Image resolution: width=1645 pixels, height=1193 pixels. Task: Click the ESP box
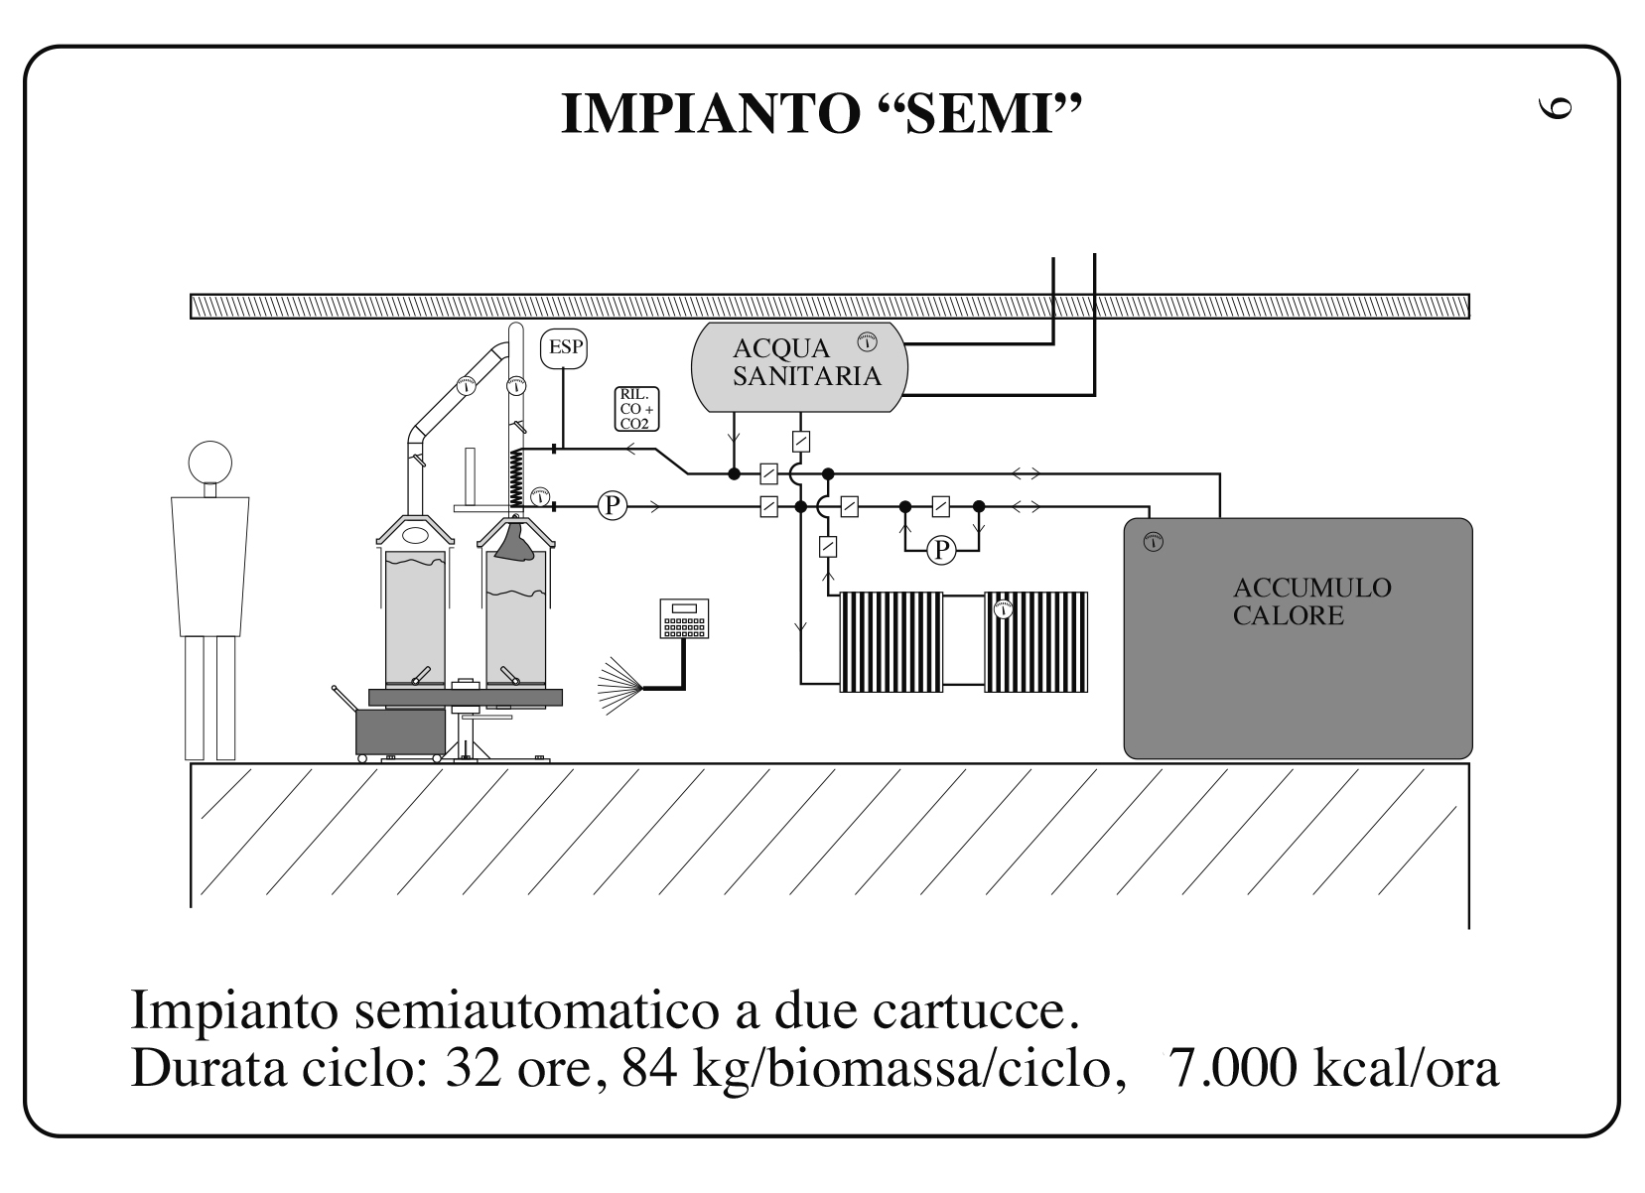[x=563, y=348]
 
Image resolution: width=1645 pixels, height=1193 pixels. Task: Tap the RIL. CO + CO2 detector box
[x=636, y=409]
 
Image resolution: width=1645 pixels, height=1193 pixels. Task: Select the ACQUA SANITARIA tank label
[x=805, y=362]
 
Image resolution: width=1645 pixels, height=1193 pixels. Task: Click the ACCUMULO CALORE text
[x=1311, y=601]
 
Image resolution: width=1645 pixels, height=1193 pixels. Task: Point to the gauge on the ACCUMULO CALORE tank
[x=1153, y=543]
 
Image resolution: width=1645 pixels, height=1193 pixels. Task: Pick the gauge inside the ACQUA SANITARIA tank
[x=867, y=341]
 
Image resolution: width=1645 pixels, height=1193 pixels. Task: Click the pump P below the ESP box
[x=612, y=506]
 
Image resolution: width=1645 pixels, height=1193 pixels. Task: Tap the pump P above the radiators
[x=941, y=549]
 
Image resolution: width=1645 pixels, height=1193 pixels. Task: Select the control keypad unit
[x=684, y=619]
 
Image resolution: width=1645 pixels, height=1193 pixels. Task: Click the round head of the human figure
[x=210, y=463]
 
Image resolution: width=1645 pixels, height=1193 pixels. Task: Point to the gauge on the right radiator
[x=1003, y=609]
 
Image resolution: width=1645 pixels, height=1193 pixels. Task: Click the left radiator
[x=891, y=641]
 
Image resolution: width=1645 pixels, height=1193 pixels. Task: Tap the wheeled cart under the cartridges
[x=399, y=731]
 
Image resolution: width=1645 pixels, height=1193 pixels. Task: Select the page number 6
[x=1554, y=108]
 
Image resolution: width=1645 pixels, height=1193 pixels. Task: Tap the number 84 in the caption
[x=649, y=1068]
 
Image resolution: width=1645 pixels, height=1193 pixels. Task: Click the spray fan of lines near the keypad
[x=620, y=687]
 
